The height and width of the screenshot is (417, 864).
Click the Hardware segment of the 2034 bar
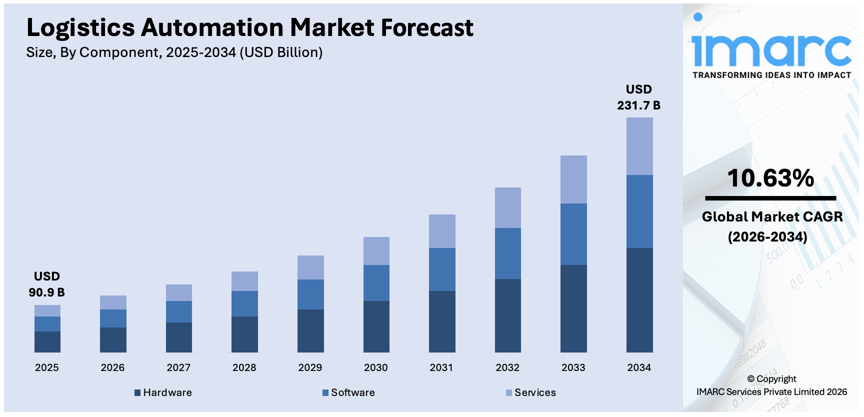point(639,300)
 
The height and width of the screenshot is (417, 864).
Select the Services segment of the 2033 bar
point(573,179)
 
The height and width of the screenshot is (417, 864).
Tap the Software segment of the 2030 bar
point(376,282)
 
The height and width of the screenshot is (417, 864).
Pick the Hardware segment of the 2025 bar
point(47,341)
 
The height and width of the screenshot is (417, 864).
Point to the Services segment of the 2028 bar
point(244,281)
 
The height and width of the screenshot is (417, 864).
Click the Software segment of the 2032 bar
point(507,253)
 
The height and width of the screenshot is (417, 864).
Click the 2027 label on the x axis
point(178,367)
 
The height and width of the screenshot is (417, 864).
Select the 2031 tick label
point(441,367)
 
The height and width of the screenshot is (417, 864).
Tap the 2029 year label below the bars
point(310,367)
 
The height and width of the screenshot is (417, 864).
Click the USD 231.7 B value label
point(638,97)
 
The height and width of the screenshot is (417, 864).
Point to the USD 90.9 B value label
point(46,284)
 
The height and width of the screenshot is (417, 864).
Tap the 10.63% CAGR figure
point(770,178)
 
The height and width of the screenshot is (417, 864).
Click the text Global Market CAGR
point(772,216)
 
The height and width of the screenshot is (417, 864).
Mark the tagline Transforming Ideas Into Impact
point(771,75)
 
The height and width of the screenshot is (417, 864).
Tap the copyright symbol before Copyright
point(750,379)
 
